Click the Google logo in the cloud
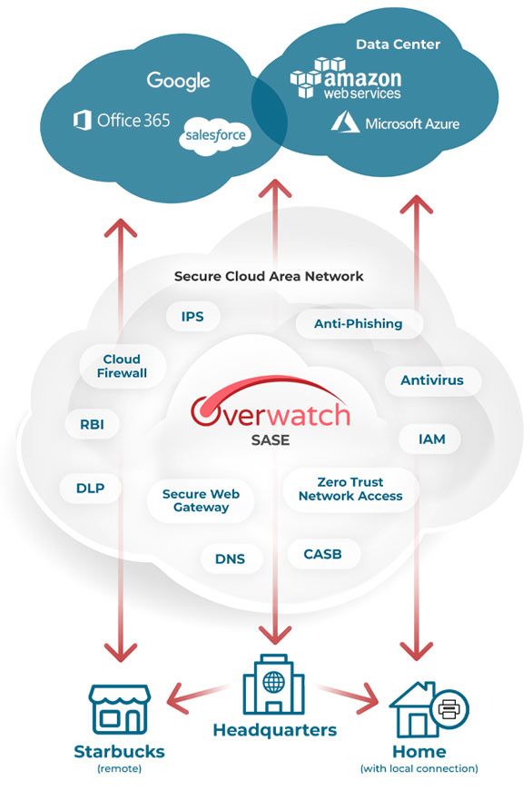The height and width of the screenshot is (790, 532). [x=178, y=81]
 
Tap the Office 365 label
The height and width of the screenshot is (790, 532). [x=122, y=121]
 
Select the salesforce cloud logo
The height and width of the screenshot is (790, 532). [x=215, y=135]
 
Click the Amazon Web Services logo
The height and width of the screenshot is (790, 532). [x=346, y=78]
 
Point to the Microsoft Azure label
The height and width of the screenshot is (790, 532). [x=395, y=123]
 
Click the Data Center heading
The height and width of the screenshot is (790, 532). [x=398, y=44]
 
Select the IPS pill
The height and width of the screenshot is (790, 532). [x=192, y=316]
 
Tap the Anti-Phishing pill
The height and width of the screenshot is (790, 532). [x=359, y=323]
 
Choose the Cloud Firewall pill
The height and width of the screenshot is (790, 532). [x=122, y=366]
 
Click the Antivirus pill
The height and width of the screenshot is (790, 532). [x=432, y=380]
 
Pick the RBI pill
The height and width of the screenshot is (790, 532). [x=93, y=424]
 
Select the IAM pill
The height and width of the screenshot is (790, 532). [x=432, y=439]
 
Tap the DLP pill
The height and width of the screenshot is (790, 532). [x=90, y=488]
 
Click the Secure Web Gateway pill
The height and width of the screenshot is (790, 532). [x=201, y=501]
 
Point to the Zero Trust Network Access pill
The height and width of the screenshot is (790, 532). [x=350, y=489]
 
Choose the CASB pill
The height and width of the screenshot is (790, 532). [x=323, y=554]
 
